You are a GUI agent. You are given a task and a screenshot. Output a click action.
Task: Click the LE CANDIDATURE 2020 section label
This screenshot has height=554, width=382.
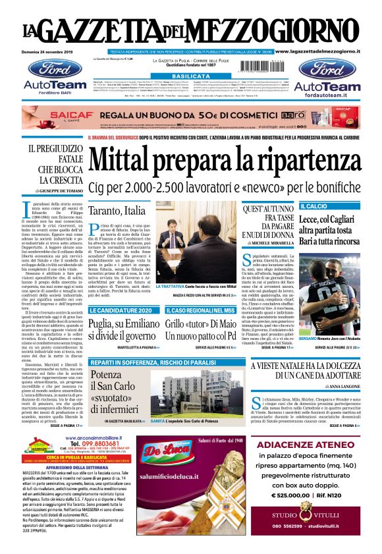(x=124, y=310)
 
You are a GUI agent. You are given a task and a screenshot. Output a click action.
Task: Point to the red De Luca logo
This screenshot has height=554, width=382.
(x=163, y=447)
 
